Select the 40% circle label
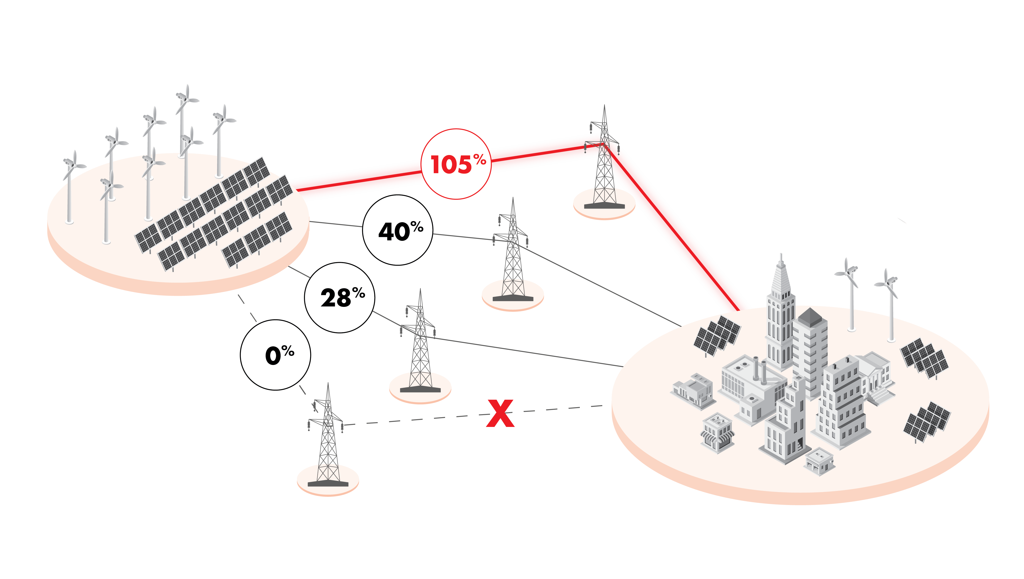pyautogui.click(x=397, y=230)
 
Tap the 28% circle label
pyautogui.click(x=339, y=298)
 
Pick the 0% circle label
pyautogui.click(x=275, y=355)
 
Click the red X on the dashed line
pyautogui.click(x=500, y=414)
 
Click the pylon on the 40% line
pyautogui.click(x=512, y=254)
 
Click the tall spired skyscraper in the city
pyautogui.click(x=780, y=314)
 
